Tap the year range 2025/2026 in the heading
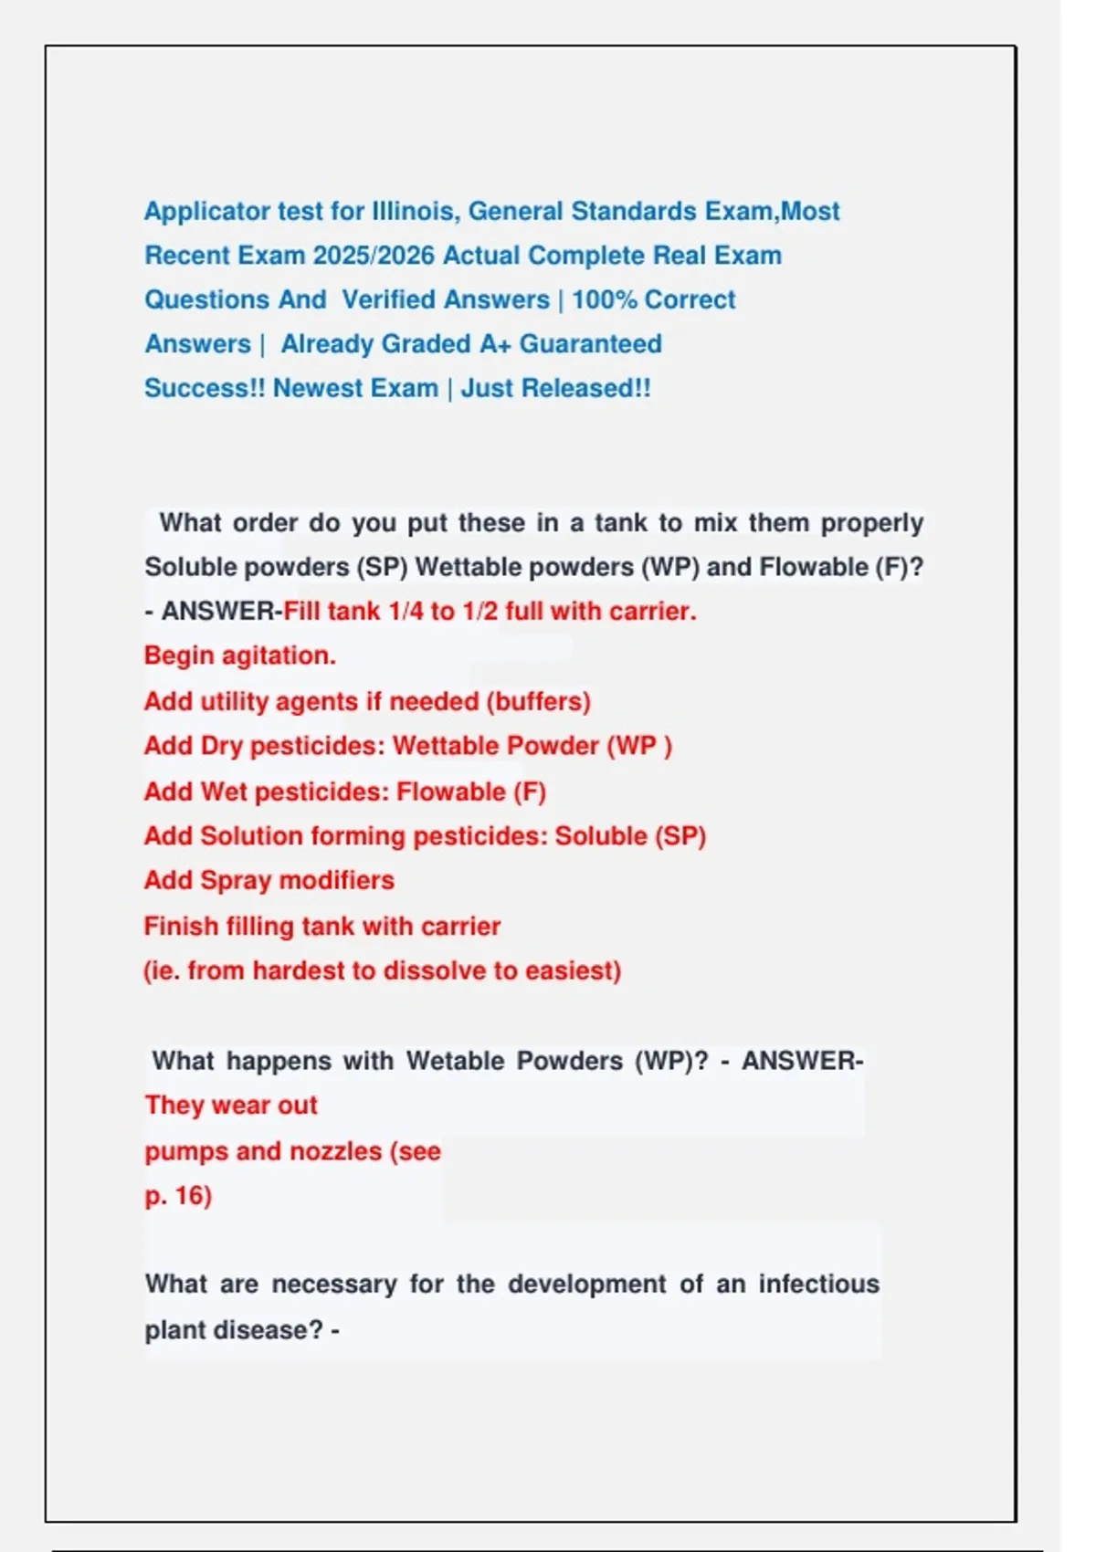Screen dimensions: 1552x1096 (x=374, y=255)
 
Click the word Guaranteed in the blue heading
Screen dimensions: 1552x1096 (x=591, y=344)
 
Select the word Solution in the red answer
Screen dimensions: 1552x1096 (x=251, y=835)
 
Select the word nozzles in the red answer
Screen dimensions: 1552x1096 (x=335, y=1151)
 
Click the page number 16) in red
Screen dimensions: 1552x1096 (x=193, y=1196)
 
